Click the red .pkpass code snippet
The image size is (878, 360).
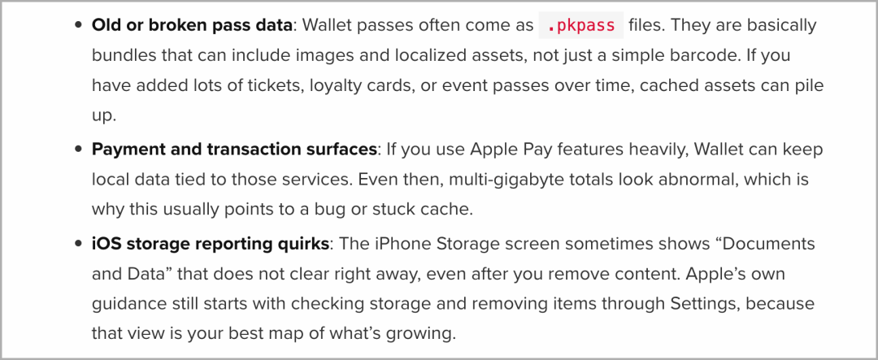[580, 25]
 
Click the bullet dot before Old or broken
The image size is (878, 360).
[79, 25]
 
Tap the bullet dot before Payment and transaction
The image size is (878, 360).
[79, 150]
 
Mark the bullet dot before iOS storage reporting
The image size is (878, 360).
[79, 244]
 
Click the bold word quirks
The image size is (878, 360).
[302, 244]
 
